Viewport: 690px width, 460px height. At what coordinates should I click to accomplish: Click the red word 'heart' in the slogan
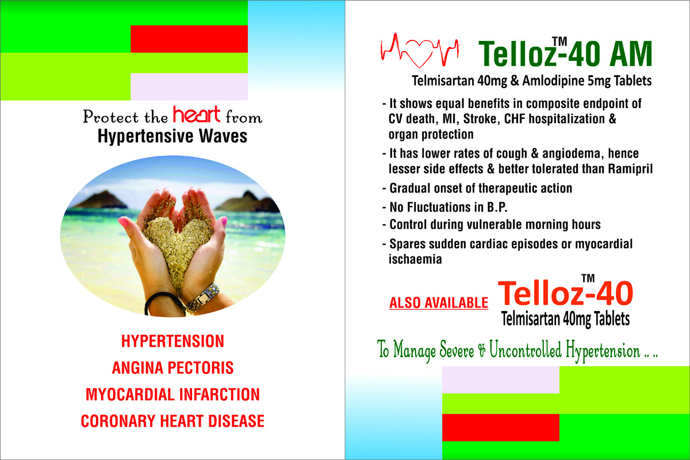click(x=197, y=114)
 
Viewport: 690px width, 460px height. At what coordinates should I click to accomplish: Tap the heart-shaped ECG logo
click(x=420, y=51)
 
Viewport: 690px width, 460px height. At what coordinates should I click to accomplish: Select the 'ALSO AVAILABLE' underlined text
click(x=439, y=303)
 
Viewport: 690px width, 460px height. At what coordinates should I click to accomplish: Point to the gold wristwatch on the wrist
click(x=204, y=298)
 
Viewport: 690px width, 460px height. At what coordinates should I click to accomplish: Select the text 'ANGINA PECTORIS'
click(x=172, y=368)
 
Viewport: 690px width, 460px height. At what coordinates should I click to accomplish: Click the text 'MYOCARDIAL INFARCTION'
click(x=172, y=394)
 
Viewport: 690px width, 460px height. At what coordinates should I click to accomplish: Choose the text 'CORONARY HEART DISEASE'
click(x=172, y=421)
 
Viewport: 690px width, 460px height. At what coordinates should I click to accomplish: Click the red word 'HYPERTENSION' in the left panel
click(x=172, y=342)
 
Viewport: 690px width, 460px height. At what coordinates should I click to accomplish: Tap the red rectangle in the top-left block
click(x=189, y=39)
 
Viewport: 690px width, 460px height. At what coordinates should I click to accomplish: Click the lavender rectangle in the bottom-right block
click(x=501, y=380)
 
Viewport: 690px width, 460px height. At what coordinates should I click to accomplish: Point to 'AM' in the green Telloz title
click(x=631, y=53)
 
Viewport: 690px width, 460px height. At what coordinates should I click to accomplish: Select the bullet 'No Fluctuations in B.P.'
click(x=445, y=207)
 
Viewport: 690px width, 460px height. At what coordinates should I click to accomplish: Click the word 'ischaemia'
click(x=415, y=259)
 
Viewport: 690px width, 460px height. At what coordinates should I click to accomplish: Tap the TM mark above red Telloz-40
click(x=588, y=278)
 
